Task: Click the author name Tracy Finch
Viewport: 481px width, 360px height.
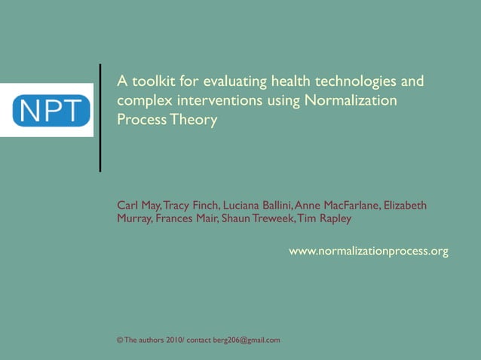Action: point(191,206)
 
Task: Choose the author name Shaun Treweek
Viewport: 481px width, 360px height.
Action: point(254,218)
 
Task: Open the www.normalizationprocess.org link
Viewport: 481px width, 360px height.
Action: point(369,251)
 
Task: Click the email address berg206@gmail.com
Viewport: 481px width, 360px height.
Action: point(247,340)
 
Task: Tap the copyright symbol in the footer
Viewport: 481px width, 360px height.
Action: point(120,340)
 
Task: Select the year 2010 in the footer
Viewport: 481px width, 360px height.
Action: point(174,340)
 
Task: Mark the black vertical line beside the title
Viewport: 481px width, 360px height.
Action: point(100,118)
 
